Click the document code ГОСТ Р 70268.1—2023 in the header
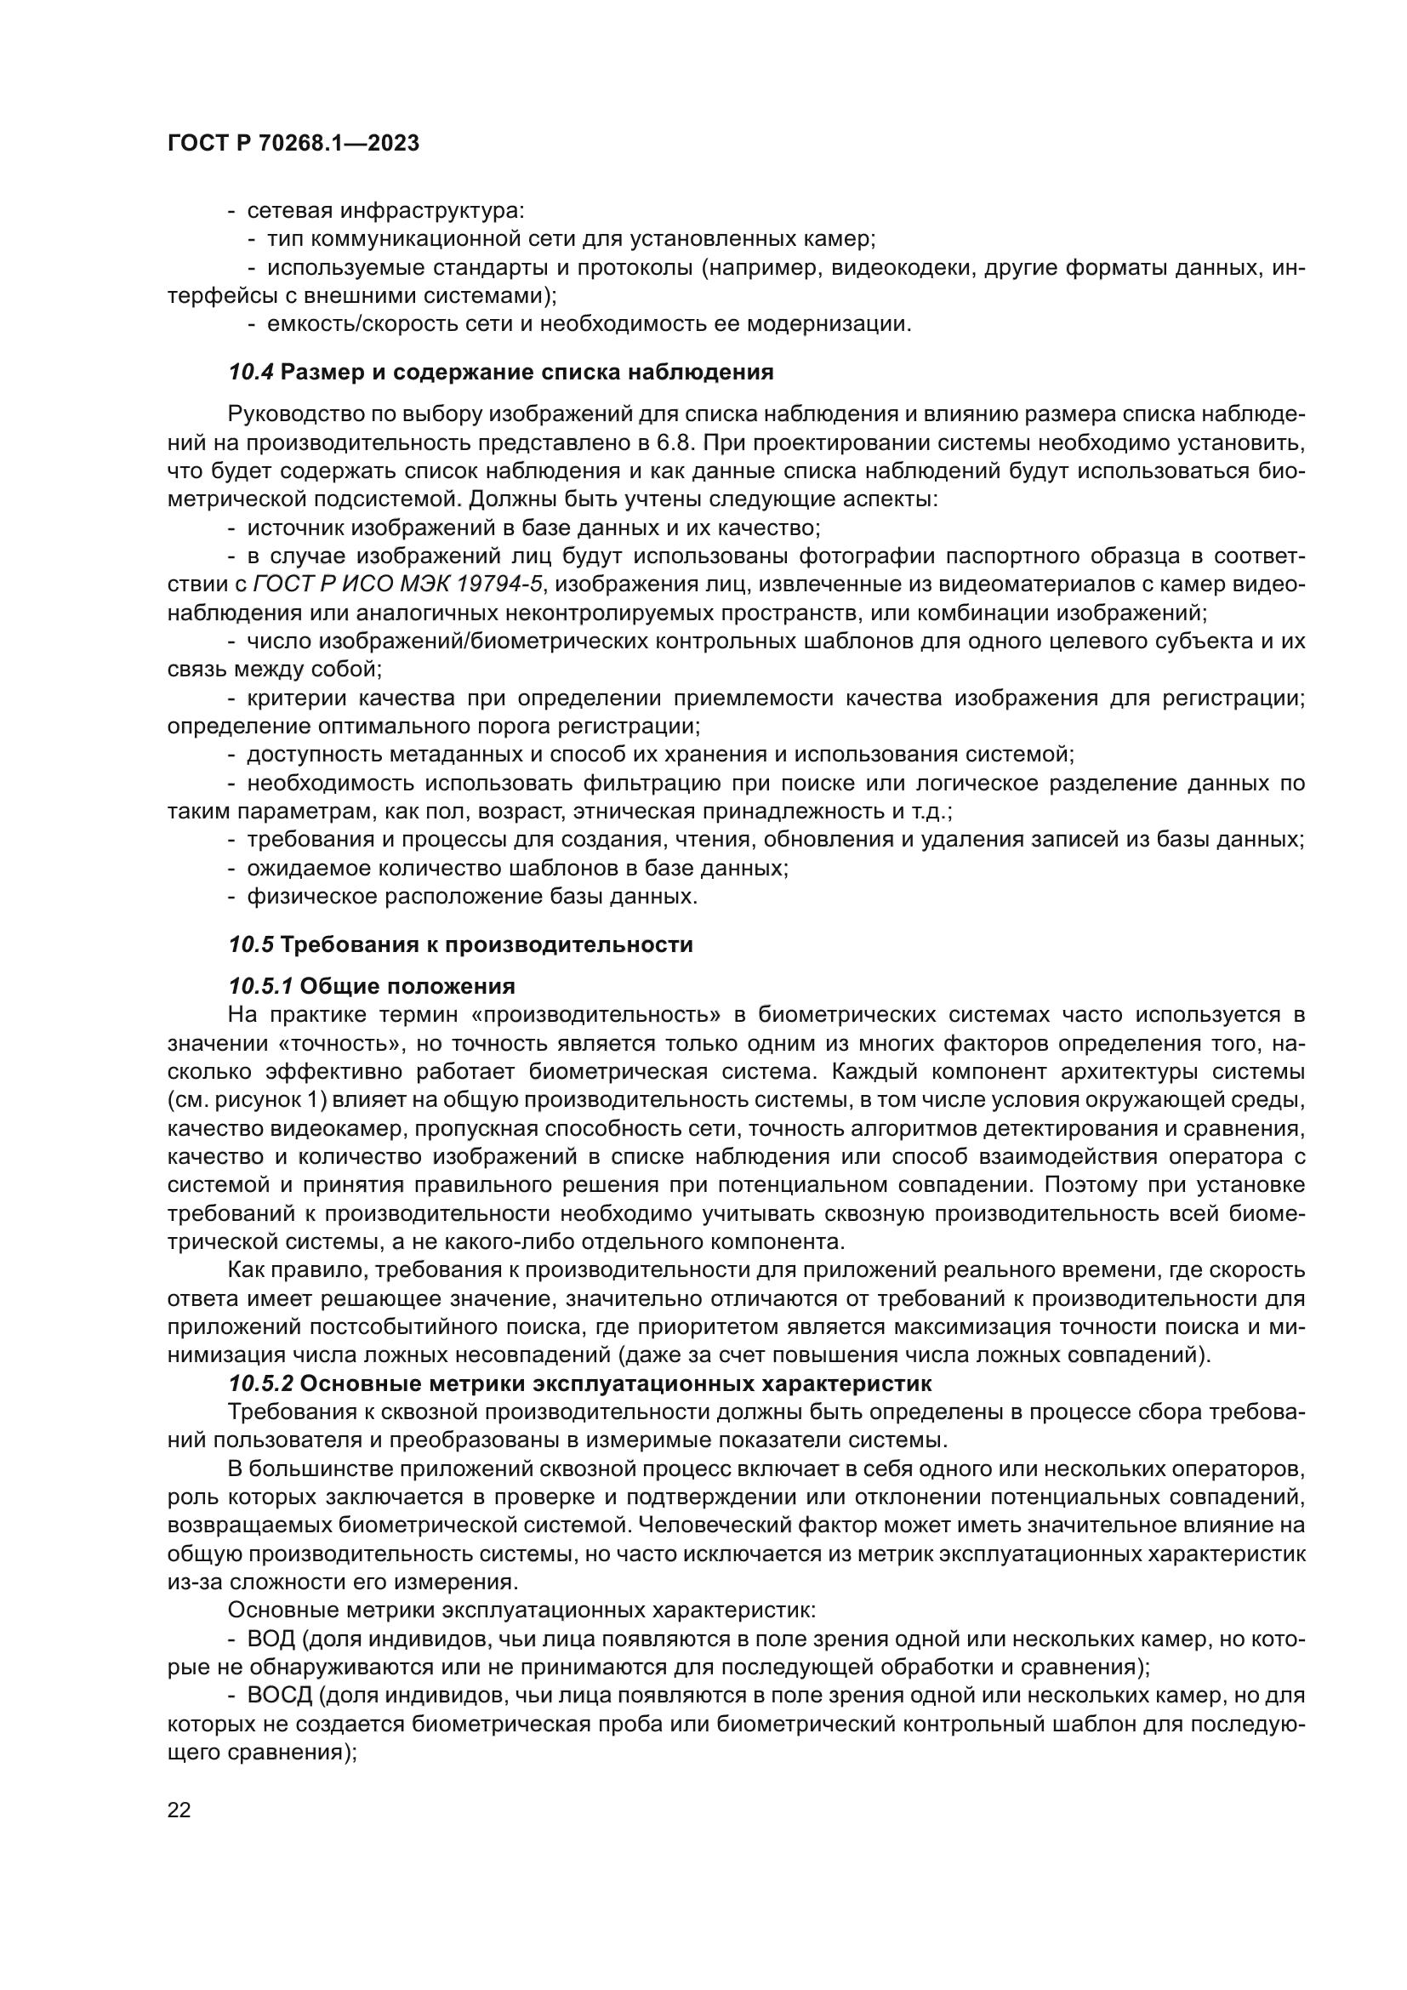pyautogui.click(x=293, y=143)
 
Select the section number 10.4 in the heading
pyautogui.click(x=251, y=373)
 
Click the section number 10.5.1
pyautogui.click(x=262, y=986)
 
